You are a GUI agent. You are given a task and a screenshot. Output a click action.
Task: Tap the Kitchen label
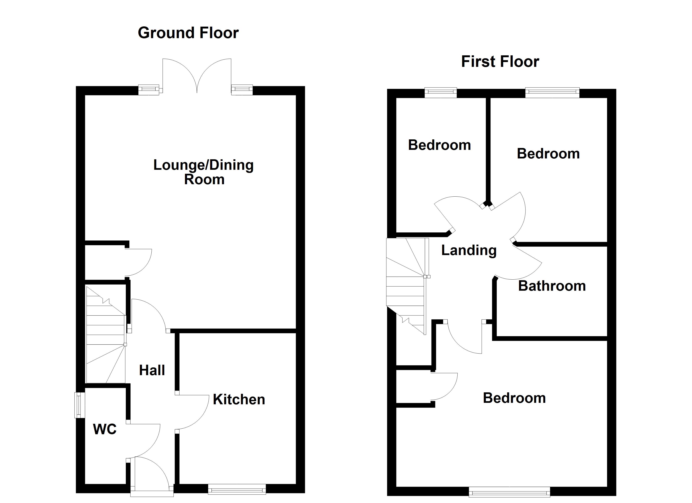tap(239, 400)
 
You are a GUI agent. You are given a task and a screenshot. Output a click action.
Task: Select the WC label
tap(105, 429)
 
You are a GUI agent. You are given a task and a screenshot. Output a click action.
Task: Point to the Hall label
tap(152, 370)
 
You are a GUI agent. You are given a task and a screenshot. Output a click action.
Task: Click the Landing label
tap(469, 250)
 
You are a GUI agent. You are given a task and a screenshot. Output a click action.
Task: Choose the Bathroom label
tap(552, 286)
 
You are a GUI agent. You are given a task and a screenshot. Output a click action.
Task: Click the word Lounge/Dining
tap(203, 165)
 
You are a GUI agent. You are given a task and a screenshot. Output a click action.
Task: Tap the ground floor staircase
tap(105, 336)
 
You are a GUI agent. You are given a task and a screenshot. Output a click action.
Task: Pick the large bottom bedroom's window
tap(509, 492)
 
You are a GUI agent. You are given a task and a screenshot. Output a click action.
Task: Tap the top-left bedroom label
tap(439, 145)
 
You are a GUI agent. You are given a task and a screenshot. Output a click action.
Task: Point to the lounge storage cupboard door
tap(138, 262)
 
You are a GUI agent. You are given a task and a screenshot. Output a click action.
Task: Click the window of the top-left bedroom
tap(441, 93)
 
